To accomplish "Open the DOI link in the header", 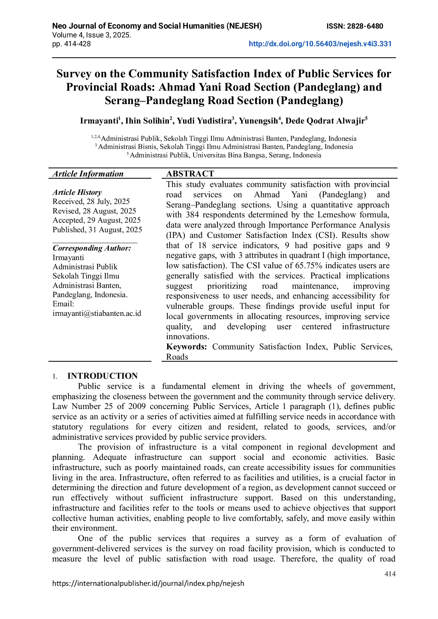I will [x=320, y=44].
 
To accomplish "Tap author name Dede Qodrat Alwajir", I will [x=325, y=121].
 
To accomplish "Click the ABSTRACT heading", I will [x=190, y=174].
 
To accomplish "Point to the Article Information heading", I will [x=88, y=174].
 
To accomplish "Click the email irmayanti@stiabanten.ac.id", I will [x=97, y=313].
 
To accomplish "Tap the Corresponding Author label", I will [x=92, y=248].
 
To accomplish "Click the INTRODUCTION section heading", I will [x=102, y=376].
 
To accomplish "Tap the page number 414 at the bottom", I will [x=390, y=574].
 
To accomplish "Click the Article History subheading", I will [x=77, y=192].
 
